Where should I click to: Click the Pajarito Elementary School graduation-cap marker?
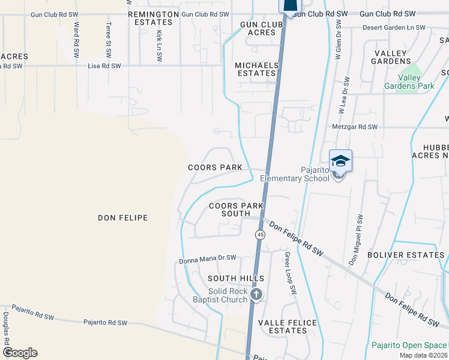(x=340, y=161)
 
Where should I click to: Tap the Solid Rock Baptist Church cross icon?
(x=256, y=294)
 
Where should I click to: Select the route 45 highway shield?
(x=260, y=235)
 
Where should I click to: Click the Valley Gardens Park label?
(x=410, y=82)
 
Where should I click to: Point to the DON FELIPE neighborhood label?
(x=122, y=218)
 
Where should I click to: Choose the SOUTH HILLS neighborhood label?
(x=236, y=278)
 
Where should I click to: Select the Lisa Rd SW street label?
(x=104, y=66)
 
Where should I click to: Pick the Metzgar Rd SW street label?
(x=355, y=127)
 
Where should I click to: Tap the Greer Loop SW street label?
(x=291, y=273)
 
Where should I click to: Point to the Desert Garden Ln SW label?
(x=394, y=28)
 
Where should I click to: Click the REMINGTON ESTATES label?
(x=153, y=18)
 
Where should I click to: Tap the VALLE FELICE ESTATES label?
(x=287, y=326)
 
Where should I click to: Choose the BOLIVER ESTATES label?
(x=415, y=255)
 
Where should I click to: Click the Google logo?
(x=20, y=353)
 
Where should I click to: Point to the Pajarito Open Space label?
(x=409, y=345)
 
